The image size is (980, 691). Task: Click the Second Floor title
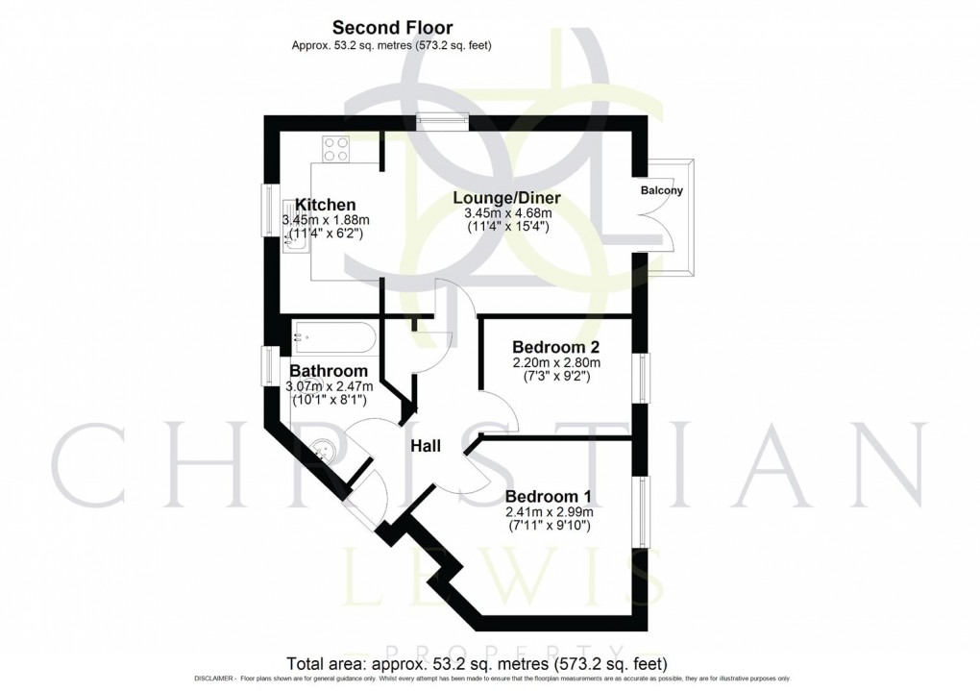[x=392, y=28]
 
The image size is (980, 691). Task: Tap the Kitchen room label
[x=325, y=205]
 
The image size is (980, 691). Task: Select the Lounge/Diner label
[x=506, y=198]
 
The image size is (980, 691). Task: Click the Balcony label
[x=662, y=190]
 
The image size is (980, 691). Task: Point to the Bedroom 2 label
[x=556, y=347]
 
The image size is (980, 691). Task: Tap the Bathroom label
[x=329, y=371]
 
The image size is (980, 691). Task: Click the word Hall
[x=426, y=446]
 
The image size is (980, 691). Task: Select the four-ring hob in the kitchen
[x=336, y=149]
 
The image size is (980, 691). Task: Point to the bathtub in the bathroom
[x=332, y=338]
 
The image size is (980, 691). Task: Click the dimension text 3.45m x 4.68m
[x=507, y=213]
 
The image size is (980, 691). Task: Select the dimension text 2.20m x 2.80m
[x=556, y=362]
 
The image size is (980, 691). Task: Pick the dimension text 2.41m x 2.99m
[x=549, y=512]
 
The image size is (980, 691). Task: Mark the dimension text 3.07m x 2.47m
[x=328, y=386]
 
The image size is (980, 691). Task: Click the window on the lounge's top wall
[x=444, y=120]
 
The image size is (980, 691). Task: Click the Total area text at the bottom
[x=478, y=664]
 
